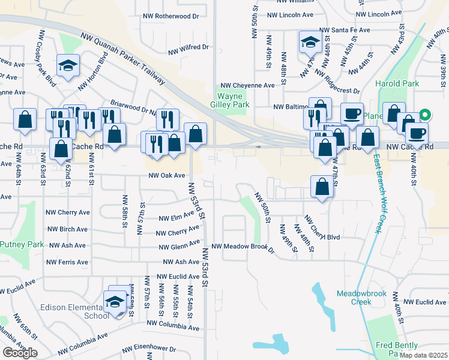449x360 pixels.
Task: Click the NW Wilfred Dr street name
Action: (188, 46)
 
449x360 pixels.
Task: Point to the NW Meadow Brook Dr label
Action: (243, 247)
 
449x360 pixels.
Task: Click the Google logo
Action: (20, 353)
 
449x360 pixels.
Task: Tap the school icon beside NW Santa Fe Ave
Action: (310, 43)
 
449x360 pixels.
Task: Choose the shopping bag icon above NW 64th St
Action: (25, 119)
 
